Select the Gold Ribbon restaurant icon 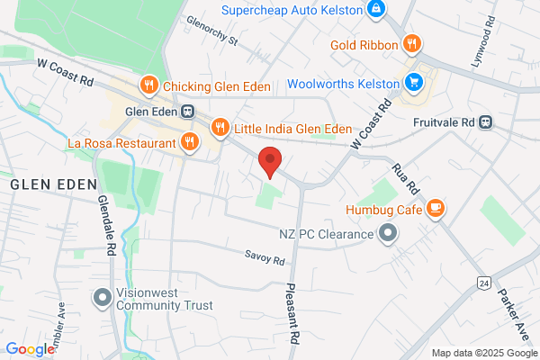(411, 42)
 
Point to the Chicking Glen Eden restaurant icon (149, 86)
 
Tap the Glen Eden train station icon (187, 112)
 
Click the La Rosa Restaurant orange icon (189, 141)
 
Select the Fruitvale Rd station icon (486, 121)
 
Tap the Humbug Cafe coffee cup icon (435, 209)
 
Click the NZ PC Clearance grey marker (389, 235)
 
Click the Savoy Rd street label (265, 257)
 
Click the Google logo (30, 349)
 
